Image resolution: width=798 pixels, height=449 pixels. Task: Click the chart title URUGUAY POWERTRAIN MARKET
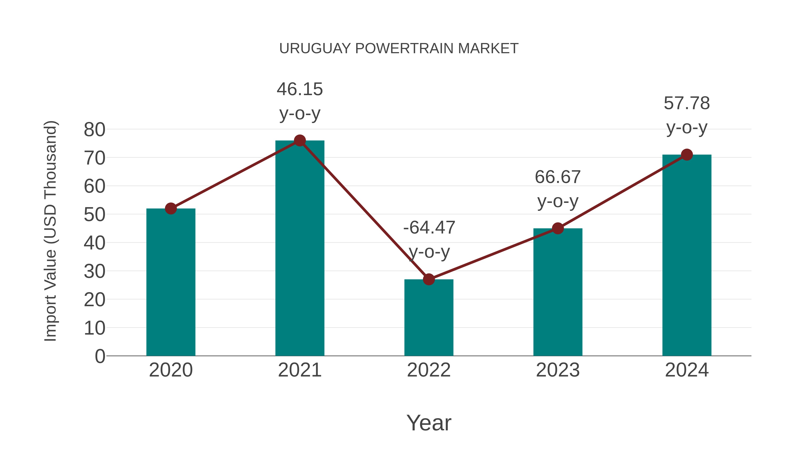click(x=399, y=49)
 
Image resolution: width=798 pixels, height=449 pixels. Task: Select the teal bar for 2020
click(x=171, y=282)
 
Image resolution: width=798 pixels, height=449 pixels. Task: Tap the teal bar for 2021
click(x=299, y=248)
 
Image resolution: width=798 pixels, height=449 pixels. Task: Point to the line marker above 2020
click(x=171, y=209)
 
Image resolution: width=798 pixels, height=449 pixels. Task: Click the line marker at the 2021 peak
click(x=299, y=141)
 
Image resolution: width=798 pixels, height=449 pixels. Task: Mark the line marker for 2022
click(x=429, y=279)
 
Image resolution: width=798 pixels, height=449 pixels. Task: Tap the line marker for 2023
click(x=558, y=228)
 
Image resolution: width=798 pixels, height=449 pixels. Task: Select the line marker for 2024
click(x=687, y=155)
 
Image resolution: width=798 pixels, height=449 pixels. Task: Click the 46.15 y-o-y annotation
click(x=299, y=101)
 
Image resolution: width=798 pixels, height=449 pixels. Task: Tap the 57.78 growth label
click(x=687, y=115)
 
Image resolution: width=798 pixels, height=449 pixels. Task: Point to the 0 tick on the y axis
click(x=100, y=356)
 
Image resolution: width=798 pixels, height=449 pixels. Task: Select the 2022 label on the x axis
click(x=429, y=370)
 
